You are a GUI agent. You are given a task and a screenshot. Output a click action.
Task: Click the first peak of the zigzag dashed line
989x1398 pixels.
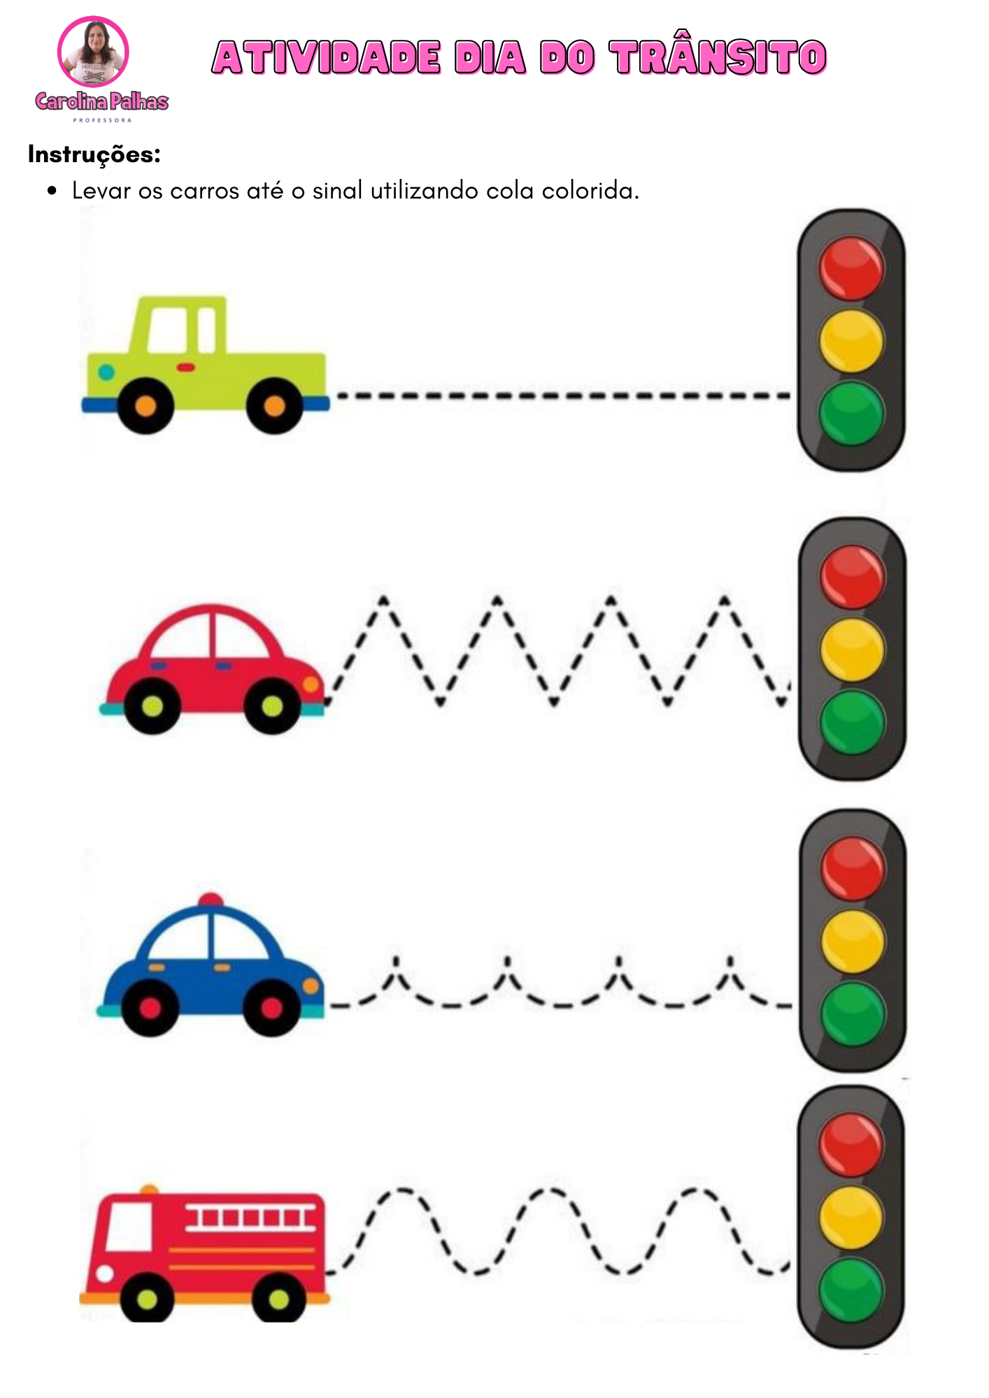click(x=383, y=599)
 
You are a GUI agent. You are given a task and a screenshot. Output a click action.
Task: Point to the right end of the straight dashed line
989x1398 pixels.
click(x=789, y=396)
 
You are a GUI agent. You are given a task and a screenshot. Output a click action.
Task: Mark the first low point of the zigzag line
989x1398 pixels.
click(x=441, y=701)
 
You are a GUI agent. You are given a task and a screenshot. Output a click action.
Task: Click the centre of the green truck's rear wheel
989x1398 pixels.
click(x=145, y=405)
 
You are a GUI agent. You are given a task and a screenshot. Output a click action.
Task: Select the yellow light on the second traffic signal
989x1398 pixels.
click(x=852, y=649)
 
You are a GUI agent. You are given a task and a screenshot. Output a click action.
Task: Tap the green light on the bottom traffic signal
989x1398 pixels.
click(x=851, y=1290)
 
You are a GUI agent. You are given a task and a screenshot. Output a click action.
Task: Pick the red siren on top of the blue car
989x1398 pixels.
click(x=210, y=900)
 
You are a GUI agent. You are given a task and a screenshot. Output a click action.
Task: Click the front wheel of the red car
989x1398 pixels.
click(x=272, y=706)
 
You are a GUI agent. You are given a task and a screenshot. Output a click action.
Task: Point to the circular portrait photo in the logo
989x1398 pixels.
click(x=93, y=52)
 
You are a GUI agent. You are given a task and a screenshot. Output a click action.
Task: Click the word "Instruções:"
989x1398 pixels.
click(x=94, y=154)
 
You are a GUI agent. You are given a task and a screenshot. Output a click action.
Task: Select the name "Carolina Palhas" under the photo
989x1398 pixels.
click(x=102, y=102)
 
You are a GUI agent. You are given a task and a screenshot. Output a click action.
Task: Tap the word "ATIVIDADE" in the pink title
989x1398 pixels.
click(x=327, y=57)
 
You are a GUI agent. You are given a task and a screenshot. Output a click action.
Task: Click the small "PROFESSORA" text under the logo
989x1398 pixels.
click(x=102, y=120)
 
